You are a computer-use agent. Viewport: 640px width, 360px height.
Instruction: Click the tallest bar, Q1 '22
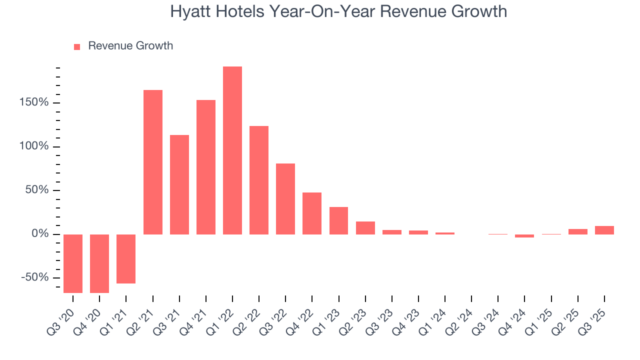tap(232, 150)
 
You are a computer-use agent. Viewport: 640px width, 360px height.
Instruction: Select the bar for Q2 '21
tap(153, 162)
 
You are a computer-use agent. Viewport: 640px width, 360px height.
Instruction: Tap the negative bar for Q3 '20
tap(73, 263)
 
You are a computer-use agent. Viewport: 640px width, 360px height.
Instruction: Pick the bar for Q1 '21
tap(126, 259)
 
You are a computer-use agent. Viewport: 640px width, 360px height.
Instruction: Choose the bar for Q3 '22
tap(285, 199)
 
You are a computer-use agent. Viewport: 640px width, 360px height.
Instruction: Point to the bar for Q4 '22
tap(312, 213)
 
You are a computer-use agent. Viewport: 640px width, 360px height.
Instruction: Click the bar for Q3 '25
tap(604, 230)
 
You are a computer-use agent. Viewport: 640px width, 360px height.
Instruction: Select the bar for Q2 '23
tap(365, 228)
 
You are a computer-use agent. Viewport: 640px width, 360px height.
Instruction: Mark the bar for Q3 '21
tap(179, 184)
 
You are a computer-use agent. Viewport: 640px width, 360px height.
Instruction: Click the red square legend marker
tap(77, 46)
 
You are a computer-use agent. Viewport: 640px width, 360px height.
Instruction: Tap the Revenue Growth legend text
tap(130, 46)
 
